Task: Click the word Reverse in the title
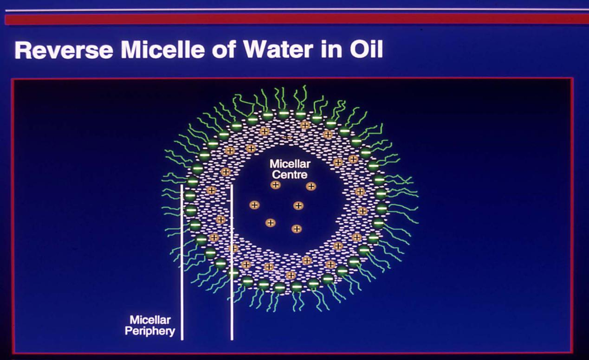tap(64, 50)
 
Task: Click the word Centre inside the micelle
tap(290, 175)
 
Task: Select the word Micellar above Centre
tap(290, 164)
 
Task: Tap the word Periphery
tap(150, 331)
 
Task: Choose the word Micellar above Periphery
tap(150, 320)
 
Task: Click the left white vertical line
tap(182, 262)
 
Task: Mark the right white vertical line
tap(232, 262)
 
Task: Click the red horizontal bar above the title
tap(297, 19)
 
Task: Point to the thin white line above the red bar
tap(297, 10)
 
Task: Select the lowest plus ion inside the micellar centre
tap(297, 229)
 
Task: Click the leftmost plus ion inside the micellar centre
tap(254, 205)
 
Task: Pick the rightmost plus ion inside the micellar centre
tap(311, 186)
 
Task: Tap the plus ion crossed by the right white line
tap(233, 248)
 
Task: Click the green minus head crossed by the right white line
tap(233, 273)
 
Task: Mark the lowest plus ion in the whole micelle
tap(291, 276)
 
